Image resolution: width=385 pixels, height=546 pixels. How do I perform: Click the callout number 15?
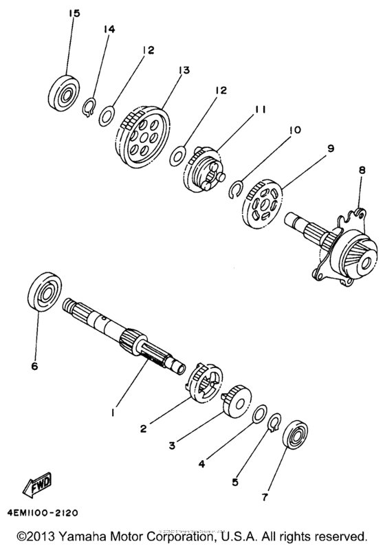point(74,14)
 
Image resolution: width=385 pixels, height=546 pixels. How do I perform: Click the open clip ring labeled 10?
point(235,190)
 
